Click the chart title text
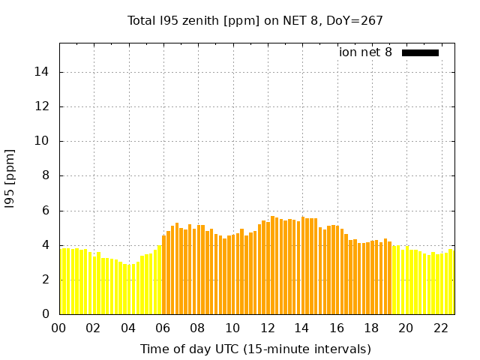[255, 21]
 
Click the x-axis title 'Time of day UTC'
[255, 349]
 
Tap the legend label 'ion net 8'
[365, 52]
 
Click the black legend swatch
[420, 52]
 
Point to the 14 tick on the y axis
[46, 72]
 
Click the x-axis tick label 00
[58, 328]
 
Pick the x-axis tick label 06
[163, 328]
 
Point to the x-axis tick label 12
[267, 328]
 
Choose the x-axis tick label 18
[371, 328]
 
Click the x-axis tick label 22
[441, 328]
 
